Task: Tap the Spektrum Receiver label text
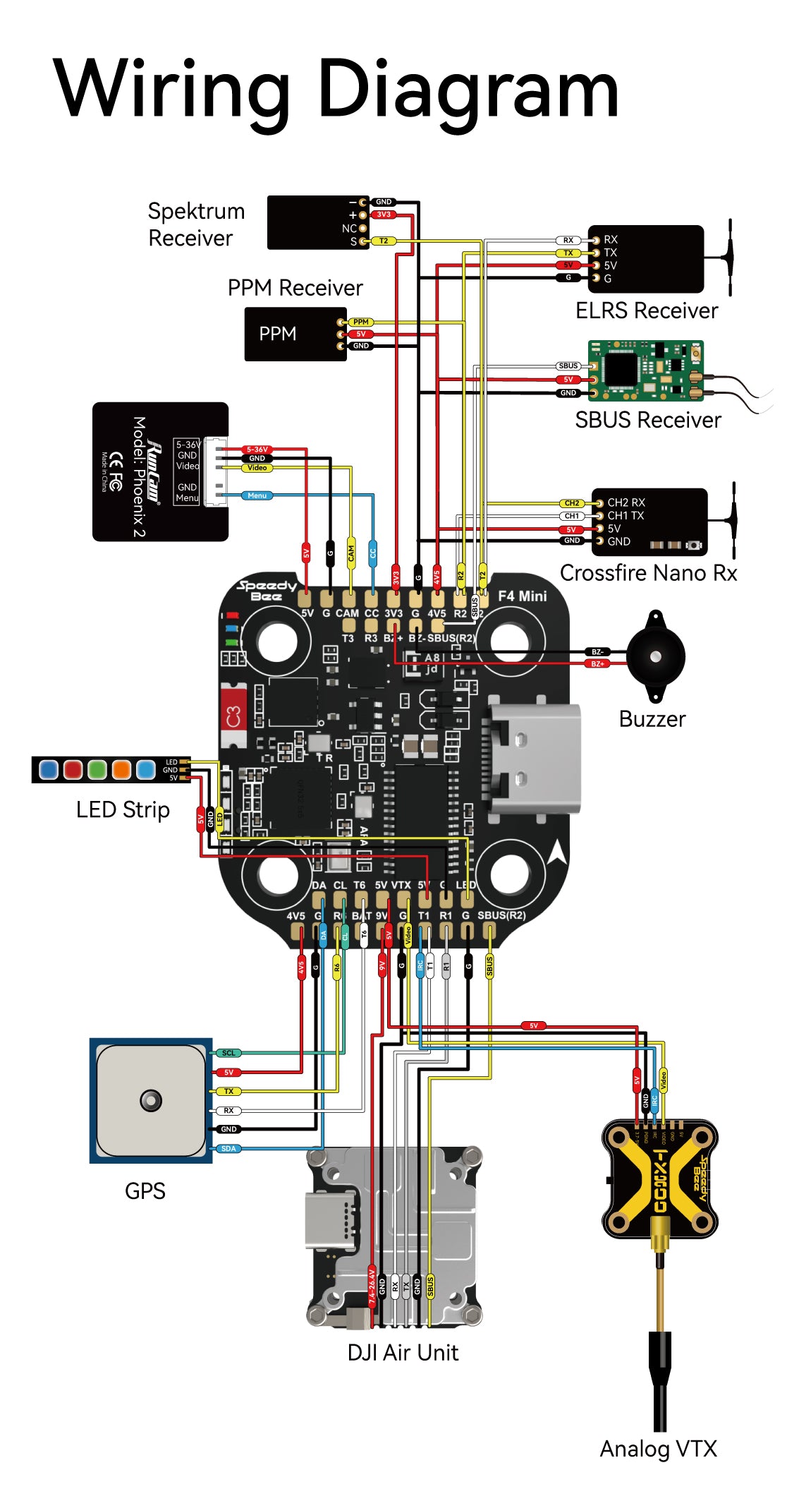(x=196, y=224)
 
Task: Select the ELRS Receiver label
(x=646, y=311)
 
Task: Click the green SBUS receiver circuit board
(x=645, y=370)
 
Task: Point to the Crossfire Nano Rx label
(x=647, y=572)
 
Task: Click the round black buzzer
(x=655, y=656)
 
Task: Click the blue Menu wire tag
(x=257, y=495)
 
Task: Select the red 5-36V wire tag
(x=257, y=450)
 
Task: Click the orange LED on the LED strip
(x=121, y=769)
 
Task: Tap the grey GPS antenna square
(x=150, y=1100)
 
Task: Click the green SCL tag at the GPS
(x=228, y=1053)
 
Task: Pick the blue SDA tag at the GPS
(x=228, y=1148)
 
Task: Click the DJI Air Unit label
(x=403, y=1352)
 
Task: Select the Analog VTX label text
(x=657, y=1448)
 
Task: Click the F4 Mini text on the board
(x=522, y=596)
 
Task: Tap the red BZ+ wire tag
(x=597, y=663)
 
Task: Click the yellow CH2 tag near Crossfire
(x=571, y=503)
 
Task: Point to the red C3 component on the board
(x=233, y=716)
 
